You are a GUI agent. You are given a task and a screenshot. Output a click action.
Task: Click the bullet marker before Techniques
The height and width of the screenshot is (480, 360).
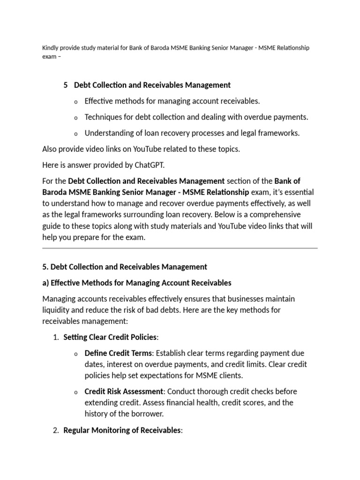click(x=76, y=118)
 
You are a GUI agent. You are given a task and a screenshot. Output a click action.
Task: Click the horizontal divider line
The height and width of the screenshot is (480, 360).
click(x=180, y=248)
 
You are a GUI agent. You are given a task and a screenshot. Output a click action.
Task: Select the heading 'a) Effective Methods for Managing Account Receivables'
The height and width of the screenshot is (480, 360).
click(x=136, y=283)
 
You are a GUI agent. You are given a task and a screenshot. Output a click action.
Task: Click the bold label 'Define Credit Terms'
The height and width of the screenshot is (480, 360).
click(x=118, y=353)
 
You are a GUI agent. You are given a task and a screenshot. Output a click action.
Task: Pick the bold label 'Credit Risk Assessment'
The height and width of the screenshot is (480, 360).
click(x=124, y=391)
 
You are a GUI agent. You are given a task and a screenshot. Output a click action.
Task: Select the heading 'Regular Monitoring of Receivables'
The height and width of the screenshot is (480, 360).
click(x=122, y=430)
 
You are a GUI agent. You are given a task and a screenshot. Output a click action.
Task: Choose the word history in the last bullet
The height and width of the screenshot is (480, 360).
click(x=97, y=414)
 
